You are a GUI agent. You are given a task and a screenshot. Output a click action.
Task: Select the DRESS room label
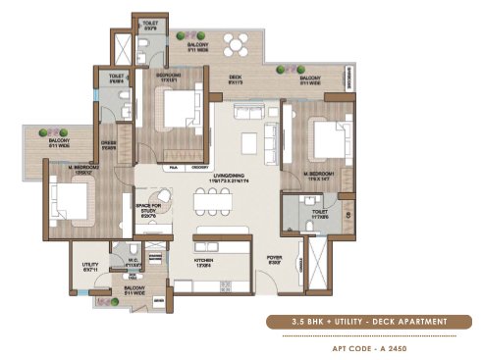tap(108, 144)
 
